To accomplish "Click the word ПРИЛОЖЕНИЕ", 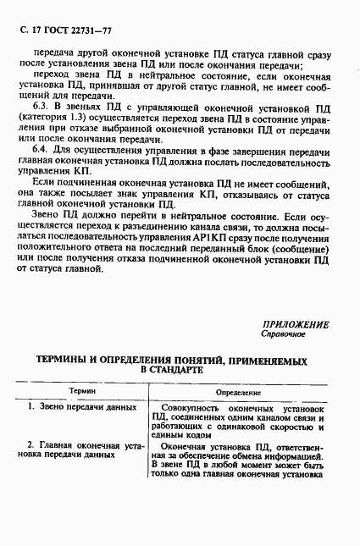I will click(295, 324).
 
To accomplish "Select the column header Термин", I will click(82, 393).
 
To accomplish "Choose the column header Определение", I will click(238, 393).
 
